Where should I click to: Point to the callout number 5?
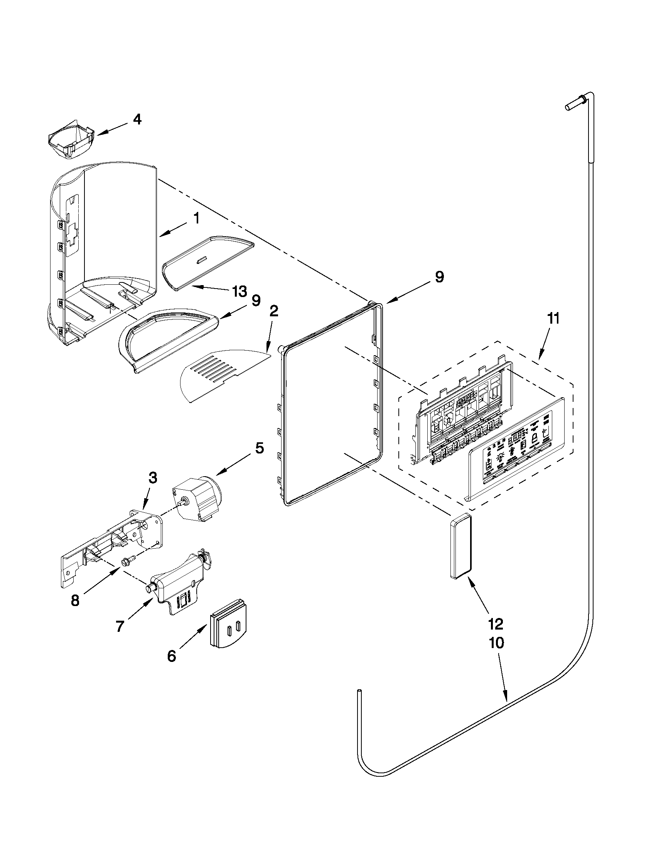point(259,448)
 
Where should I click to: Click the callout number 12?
point(496,624)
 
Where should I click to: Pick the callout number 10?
point(496,643)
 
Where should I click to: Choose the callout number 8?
point(75,601)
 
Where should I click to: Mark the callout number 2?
point(273,311)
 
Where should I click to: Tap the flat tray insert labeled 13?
point(208,264)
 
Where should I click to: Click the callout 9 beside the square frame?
point(438,277)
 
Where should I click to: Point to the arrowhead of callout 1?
point(160,235)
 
